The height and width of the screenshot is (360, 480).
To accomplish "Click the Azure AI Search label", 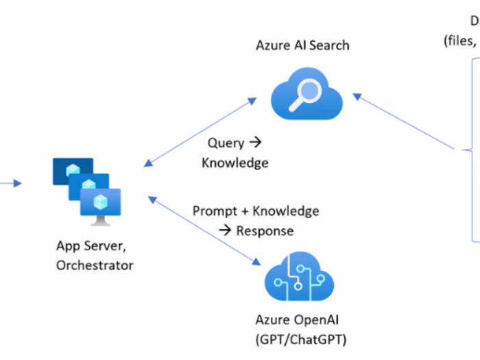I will pyautogui.click(x=302, y=46).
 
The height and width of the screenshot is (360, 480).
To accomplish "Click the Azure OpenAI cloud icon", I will pyautogui.click(x=299, y=278).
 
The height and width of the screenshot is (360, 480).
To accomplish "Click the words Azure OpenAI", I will pyautogui.click(x=299, y=319).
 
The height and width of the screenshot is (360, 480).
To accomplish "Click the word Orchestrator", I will pyautogui.click(x=95, y=265).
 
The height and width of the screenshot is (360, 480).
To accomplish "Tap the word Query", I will pyautogui.click(x=226, y=143).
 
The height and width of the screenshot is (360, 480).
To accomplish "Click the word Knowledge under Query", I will pyautogui.click(x=235, y=163).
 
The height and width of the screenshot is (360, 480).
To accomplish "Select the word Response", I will pyautogui.click(x=265, y=230).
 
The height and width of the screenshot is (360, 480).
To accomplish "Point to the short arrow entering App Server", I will pyautogui.click(x=10, y=183).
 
